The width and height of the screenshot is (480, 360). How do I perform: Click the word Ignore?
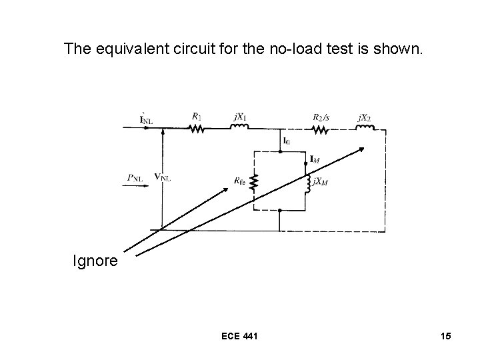[x=95, y=260]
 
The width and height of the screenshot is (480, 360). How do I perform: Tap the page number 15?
[x=445, y=337]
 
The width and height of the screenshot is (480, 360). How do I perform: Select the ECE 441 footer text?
[x=240, y=337]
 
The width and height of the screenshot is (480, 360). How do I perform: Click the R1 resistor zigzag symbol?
[x=197, y=129]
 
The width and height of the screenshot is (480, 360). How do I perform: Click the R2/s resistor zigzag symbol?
[x=321, y=129]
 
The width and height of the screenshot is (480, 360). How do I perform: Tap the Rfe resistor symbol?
[x=253, y=181]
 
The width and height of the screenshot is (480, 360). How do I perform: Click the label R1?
[x=197, y=116]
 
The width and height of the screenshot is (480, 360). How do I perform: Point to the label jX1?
[x=240, y=117]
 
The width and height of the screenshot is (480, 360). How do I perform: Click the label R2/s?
[x=321, y=117]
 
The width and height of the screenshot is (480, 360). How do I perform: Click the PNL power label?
[x=135, y=178]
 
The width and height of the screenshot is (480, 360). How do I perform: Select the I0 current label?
[x=286, y=141]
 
